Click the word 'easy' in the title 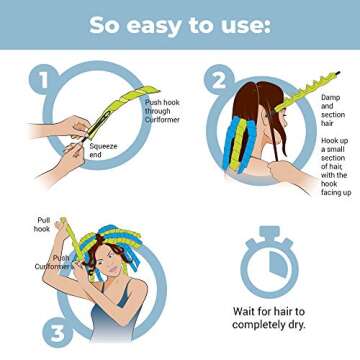[150, 25]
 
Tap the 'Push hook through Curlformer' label [164, 109]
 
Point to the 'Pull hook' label [43, 223]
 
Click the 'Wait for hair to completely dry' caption [268, 318]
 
